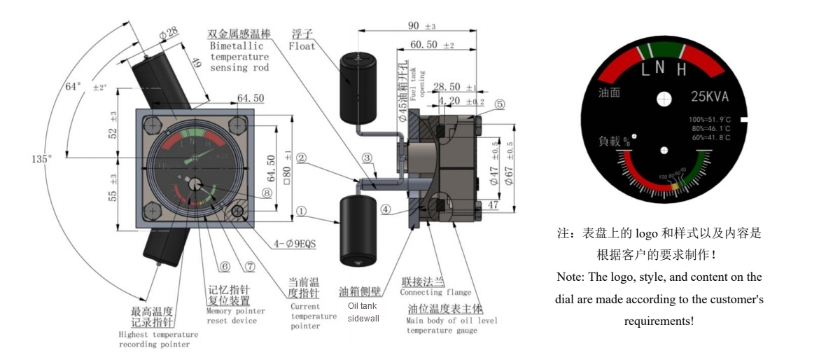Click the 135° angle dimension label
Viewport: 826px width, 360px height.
pos(41,160)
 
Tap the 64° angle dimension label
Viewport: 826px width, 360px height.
pos(73,87)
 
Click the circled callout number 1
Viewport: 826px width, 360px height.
pos(301,210)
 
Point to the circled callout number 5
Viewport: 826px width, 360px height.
pos(498,104)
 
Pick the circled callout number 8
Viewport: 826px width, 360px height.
pos(266,193)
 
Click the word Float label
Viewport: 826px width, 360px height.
pos(302,46)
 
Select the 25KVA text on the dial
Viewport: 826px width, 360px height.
pos(710,98)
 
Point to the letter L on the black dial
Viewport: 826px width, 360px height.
pos(646,69)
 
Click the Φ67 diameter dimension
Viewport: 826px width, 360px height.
pos(510,172)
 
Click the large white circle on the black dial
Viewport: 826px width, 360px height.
pos(664,100)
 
